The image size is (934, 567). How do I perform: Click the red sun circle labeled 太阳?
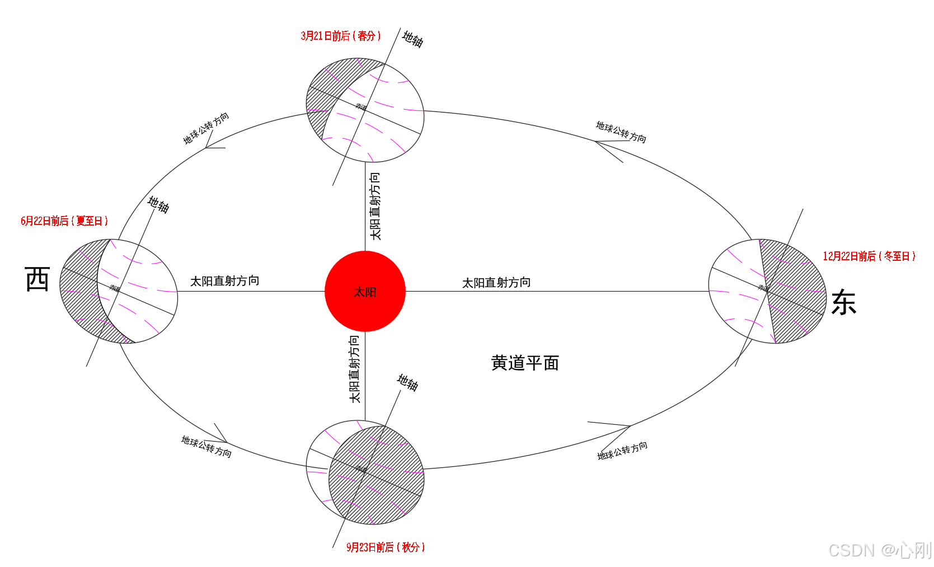[x=365, y=291]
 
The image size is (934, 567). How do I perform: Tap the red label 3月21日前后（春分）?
[x=340, y=36]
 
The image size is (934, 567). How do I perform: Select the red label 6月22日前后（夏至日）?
[x=64, y=221]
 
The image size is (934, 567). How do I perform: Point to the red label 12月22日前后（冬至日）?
[x=869, y=256]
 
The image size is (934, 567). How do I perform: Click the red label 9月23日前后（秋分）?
[x=386, y=547]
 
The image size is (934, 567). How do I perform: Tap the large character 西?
[x=37, y=279]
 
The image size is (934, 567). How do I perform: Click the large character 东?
[x=843, y=303]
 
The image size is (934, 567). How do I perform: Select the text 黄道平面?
[x=525, y=363]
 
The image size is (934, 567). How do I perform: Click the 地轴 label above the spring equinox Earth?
[x=413, y=39]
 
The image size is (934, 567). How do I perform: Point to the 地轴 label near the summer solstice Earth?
[x=158, y=204]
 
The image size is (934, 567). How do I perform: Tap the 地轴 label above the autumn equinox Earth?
[x=408, y=383]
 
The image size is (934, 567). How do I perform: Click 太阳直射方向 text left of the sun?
[x=224, y=281]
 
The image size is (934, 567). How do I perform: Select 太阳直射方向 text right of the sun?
[x=496, y=283]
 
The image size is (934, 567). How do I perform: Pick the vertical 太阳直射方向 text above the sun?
[x=375, y=206]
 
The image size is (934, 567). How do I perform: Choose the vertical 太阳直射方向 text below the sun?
[x=354, y=369]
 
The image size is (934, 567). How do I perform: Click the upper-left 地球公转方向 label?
[x=206, y=128]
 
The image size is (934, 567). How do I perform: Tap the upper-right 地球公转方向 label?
[x=621, y=132]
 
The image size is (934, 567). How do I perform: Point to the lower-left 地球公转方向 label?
[x=206, y=447]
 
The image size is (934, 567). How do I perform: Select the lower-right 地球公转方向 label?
[x=622, y=451]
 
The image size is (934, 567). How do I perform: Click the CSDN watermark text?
[x=880, y=550]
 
